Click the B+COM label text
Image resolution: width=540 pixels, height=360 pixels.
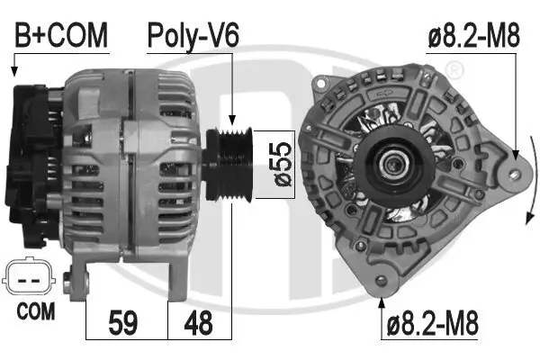60,35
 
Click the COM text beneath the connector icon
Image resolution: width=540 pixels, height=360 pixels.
35,312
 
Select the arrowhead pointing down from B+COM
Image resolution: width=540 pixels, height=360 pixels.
13,71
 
